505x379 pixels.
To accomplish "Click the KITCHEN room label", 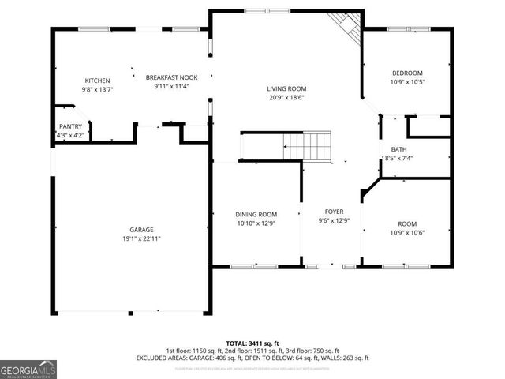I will pos(97,81).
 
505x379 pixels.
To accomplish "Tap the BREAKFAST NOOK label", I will pos(171,77).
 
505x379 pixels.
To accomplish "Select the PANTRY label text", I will pos(70,126).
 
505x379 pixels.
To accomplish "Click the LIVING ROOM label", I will pos(286,88).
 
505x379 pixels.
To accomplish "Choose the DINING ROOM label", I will pos(256,214).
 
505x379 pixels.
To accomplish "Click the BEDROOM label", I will pos(407,73).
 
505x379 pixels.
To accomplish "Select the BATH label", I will pos(399,149).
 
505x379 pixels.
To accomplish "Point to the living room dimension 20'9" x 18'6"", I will pos(286,97).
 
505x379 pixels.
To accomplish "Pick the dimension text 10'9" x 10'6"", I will pos(407,232).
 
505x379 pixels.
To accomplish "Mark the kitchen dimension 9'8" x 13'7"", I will pos(97,89).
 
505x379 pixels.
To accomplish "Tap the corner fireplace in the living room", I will pos(346,27).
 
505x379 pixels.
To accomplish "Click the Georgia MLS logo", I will pos(28,368).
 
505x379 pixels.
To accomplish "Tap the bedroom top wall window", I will pos(408,28).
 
